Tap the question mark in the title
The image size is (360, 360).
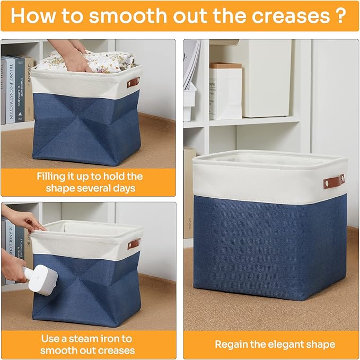(341, 15)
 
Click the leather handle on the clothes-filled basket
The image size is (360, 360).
(133, 83)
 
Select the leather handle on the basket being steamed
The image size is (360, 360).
(134, 244)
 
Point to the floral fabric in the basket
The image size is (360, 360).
(106, 61)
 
